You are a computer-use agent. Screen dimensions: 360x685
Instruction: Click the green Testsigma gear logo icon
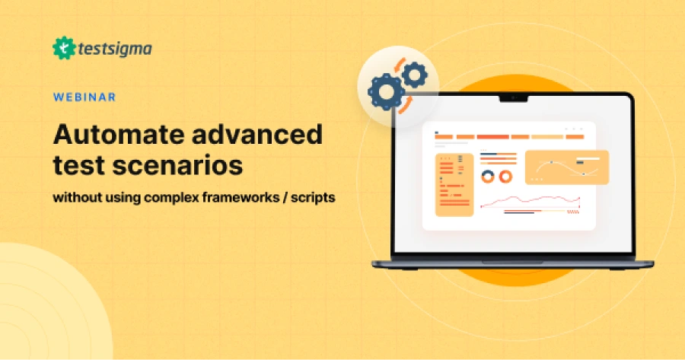coord(65,49)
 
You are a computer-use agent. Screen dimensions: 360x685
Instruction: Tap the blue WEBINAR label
coord(84,97)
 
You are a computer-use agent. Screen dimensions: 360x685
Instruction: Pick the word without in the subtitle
coord(76,196)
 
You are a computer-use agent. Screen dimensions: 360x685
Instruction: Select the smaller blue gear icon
coord(414,75)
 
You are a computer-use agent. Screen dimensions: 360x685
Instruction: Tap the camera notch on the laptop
coord(513,98)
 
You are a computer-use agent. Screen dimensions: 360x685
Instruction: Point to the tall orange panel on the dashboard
coord(454,184)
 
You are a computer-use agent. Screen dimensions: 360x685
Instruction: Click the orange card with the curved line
coord(566,167)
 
